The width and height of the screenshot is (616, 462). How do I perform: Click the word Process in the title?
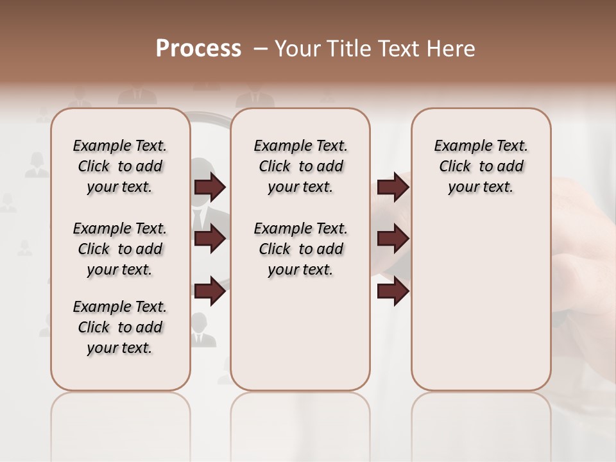pyautogui.click(x=198, y=49)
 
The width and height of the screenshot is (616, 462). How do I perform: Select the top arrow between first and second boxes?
pyautogui.click(x=210, y=187)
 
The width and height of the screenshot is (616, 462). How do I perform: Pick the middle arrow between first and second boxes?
pyautogui.click(x=210, y=239)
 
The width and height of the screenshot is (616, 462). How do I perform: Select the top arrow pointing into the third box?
pyautogui.click(x=393, y=187)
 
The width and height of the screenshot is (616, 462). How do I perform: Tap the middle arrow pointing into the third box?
pyautogui.click(x=393, y=239)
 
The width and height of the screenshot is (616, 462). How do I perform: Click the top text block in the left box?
pyautogui.click(x=120, y=166)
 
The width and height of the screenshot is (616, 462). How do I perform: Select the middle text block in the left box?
pyautogui.click(x=120, y=249)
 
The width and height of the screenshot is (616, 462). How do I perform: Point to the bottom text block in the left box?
pyautogui.click(x=120, y=327)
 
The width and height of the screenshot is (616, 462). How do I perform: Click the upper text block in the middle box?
pyautogui.click(x=300, y=166)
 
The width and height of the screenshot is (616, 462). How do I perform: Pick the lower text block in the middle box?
pyautogui.click(x=300, y=249)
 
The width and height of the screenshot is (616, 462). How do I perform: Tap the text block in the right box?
pyautogui.click(x=481, y=166)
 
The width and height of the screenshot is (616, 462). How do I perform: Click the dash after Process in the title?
pyautogui.click(x=260, y=49)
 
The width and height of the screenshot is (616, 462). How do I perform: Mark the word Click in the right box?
pyautogui.click(x=455, y=167)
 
